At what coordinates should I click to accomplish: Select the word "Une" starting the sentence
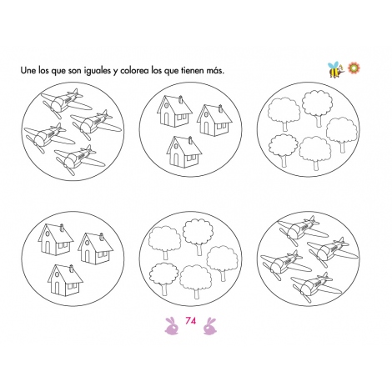29,71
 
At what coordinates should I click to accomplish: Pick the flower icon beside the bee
352,67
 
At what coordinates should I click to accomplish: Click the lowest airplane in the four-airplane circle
79,157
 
